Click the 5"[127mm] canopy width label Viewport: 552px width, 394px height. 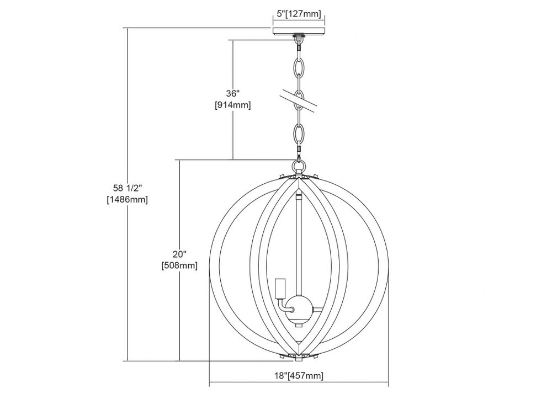pos(299,14)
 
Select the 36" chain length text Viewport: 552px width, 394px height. pos(233,94)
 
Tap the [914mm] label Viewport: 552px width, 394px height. pos(233,105)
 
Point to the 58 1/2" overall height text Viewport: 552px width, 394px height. pos(128,188)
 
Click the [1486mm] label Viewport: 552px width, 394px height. pos(128,199)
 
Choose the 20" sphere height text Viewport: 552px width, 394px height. pos(179,254)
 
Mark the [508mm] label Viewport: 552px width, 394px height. pos(179,265)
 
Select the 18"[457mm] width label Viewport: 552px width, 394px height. pos(299,375)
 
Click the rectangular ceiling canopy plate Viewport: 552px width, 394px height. pos(299,30)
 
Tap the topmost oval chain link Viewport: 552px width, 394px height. pos(299,67)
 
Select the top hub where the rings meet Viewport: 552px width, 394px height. pos(299,176)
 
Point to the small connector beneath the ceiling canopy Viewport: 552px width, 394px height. pos(299,41)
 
